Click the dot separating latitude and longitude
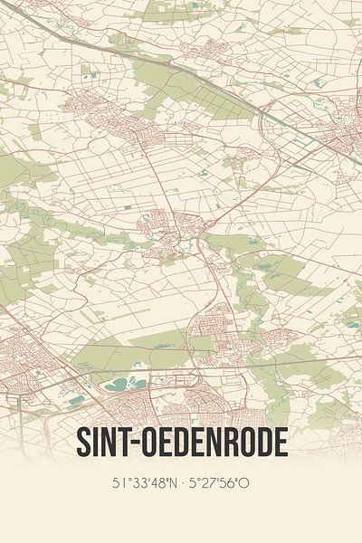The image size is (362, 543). pyautogui.click(x=180, y=483)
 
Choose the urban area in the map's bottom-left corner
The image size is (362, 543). pyautogui.click(x=27, y=362)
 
